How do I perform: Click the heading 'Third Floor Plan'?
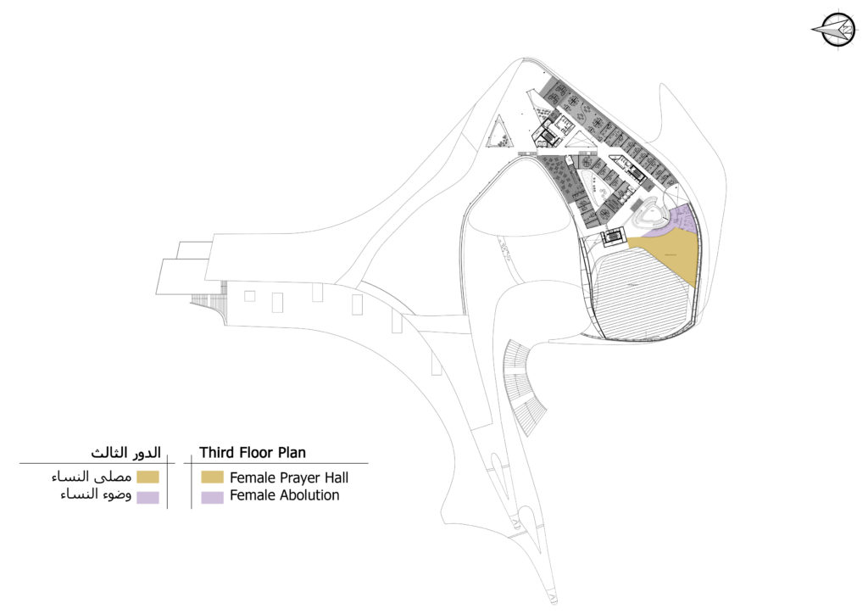pos(253,452)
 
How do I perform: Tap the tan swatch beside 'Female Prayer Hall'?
pos(212,477)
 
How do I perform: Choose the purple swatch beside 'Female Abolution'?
pos(212,496)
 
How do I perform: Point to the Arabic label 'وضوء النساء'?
pos(93,496)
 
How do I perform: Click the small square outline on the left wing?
pos(249,296)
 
